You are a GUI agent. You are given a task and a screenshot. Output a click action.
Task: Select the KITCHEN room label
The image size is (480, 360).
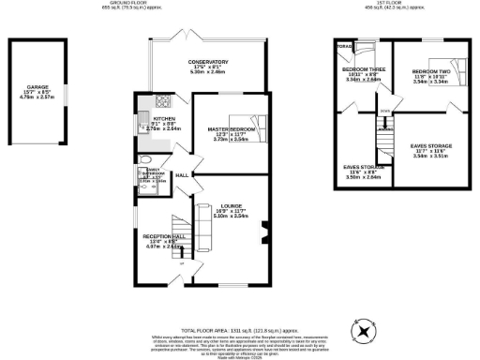click(164, 119)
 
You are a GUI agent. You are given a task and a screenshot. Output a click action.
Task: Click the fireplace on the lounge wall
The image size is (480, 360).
click(266, 226)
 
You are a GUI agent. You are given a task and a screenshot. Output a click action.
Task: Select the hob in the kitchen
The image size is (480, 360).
click(162, 101)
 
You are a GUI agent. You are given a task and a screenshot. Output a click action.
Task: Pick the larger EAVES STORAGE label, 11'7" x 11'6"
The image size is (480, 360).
click(432, 147)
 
